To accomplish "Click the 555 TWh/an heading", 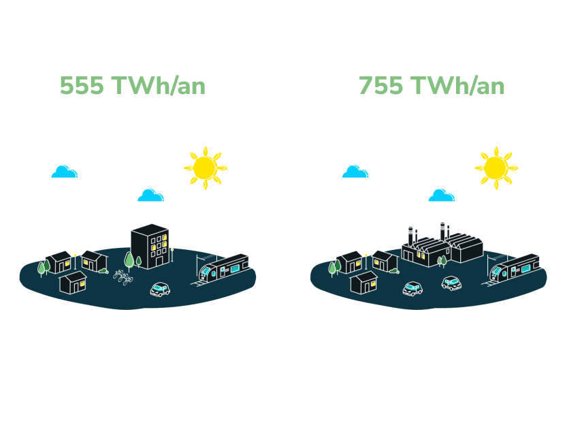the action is pos(133,85).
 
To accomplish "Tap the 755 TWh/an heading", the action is pos(432,85).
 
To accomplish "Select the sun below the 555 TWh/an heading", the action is pos(205,168).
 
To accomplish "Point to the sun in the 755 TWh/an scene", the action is pos(496,168).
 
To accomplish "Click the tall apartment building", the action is pos(150,247).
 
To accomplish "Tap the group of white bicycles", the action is pos(123,277).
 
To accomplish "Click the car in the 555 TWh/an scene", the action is pos(160,289).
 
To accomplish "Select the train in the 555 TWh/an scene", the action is pos(224,267).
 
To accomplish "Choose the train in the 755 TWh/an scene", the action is pos(515,267).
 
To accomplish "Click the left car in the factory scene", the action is pos(413,289).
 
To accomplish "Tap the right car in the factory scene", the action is pos(451,283).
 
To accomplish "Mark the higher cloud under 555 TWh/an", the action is pos(65,172).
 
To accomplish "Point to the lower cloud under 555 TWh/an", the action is pos(150,195).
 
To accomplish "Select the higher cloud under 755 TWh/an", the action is pos(355,172).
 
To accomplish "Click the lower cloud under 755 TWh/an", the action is pos(441,195).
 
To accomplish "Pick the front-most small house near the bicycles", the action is pos(73,282).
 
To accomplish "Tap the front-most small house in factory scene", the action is pos(364,282).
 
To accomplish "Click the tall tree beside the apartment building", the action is pos(129,261).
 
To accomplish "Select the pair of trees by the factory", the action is pos(441,261).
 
